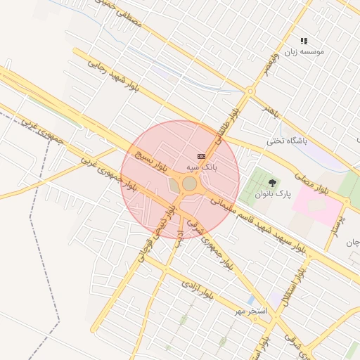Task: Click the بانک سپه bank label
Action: click(x=201, y=167)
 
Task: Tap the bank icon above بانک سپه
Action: click(x=202, y=155)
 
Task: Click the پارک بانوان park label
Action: click(x=273, y=193)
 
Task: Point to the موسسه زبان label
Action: click(x=304, y=53)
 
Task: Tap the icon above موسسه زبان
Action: click(x=304, y=41)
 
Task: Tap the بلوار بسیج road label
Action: click(x=152, y=161)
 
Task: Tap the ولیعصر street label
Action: click(x=268, y=70)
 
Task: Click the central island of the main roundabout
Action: click(x=189, y=184)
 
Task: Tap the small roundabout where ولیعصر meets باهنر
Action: click(x=250, y=91)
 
